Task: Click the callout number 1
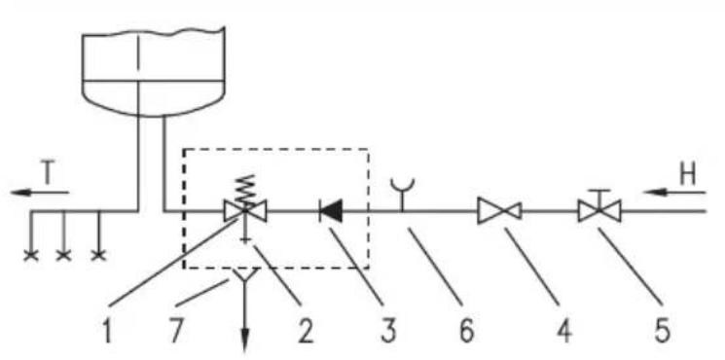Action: (x=108, y=331)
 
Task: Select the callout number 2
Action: (x=306, y=331)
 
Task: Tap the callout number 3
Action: (x=388, y=331)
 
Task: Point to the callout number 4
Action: (x=564, y=331)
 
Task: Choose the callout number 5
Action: (x=662, y=331)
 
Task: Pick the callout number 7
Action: (x=176, y=331)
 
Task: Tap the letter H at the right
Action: (x=688, y=175)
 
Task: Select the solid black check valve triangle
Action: (x=331, y=212)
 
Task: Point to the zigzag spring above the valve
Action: (x=245, y=190)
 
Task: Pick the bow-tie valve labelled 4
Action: (x=500, y=211)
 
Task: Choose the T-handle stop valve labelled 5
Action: (x=599, y=208)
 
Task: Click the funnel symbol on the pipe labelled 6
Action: (x=402, y=194)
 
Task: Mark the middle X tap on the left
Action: (x=64, y=255)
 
